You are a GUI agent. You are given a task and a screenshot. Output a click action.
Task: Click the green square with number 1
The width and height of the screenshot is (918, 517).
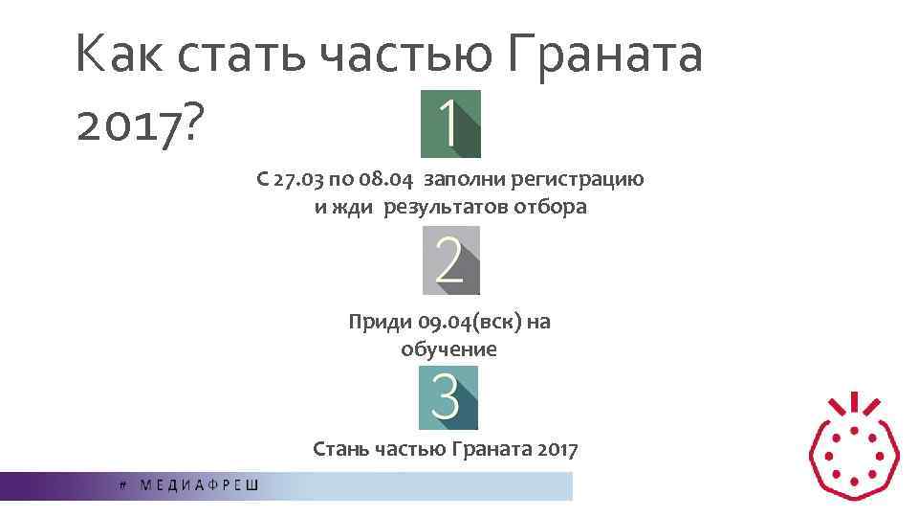450,124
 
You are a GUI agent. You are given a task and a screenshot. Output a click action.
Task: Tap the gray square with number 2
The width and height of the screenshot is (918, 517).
450,260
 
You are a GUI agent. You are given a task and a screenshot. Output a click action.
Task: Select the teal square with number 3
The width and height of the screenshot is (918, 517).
448,397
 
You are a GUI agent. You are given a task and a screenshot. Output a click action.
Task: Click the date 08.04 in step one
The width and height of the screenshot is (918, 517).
390,179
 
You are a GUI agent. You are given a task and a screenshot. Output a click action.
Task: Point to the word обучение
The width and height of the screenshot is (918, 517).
449,349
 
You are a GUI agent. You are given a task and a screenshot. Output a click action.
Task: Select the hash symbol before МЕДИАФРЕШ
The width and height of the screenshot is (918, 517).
122,485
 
